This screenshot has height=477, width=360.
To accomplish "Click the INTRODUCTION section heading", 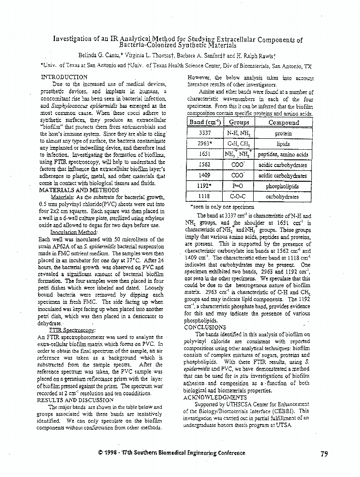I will point(64,77).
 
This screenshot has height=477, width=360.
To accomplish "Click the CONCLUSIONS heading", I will point(205,327).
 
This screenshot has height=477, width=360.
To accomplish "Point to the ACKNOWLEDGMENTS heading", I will point(215,397).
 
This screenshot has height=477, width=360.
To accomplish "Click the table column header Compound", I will point(284,123).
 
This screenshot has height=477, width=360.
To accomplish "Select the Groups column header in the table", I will point(239,123).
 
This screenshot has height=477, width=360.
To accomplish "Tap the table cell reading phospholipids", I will point(282,186).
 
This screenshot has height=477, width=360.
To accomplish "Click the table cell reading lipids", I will point(283,144).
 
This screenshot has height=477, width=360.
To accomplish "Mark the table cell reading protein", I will point(283,134).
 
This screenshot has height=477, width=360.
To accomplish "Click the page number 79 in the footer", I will point(324,454).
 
